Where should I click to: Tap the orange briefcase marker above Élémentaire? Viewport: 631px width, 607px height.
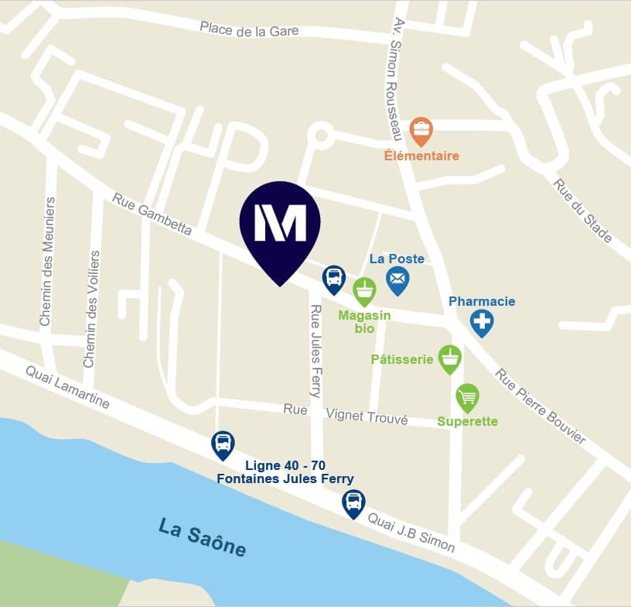pyautogui.click(x=421, y=132)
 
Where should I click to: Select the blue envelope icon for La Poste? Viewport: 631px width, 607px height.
pyautogui.click(x=397, y=279)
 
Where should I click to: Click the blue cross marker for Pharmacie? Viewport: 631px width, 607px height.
pyautogui.click(x=482, y=321)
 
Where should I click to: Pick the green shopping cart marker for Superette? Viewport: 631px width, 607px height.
pyautogui.click(x=467, y=398)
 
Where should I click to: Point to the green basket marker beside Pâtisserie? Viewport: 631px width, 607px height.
pyautogui.click(x=450, y=358)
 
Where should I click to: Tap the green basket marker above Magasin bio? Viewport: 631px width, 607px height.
pyautogui.click(x=364, y=291)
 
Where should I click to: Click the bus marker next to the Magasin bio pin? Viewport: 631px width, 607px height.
pyautogui.click(x=333, y=278)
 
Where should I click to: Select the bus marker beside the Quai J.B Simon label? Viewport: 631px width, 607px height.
pyautogui.click(x=353, y=502)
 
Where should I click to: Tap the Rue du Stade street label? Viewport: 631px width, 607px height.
pyautogui.click(x=582, y=210)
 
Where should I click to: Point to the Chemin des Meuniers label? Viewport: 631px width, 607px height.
pyautogui.click(x=46, y=261)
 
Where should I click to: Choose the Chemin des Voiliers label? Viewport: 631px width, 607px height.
pyautogui.click(x=90, y=308)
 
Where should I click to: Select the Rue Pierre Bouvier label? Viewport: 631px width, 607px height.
pyautogui.click(x=541, y=406)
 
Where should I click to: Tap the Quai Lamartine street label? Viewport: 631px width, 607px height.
pyautogui.click(x=67, y=387)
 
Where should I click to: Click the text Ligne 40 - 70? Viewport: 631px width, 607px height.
pyautogui.click(x=285, y=465)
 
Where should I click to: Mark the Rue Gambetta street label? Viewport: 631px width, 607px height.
pyautogui.click(x=152, y=213)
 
